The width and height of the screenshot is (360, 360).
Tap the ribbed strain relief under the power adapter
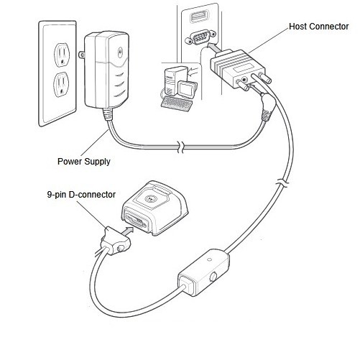point(109,114)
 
